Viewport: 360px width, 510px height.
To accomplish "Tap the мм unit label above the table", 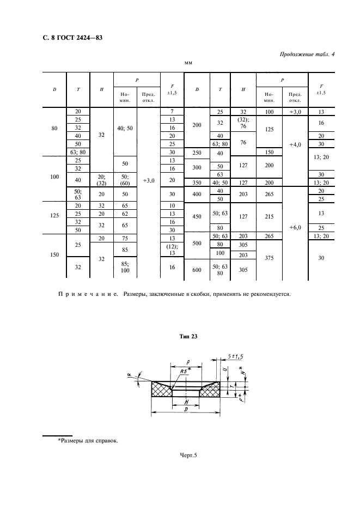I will pyautogui.click(x=189, y=63).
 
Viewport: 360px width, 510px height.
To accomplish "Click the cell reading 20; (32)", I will pyautogui.click(x=101, y=180).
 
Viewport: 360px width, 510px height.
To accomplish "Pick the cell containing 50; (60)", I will pyautogui.click(x=125, y=180).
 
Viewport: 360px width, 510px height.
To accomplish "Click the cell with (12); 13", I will pyautogui.click(x=172, y=249).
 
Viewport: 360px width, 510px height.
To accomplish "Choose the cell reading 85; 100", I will pyautogui.click(x=125, y=268).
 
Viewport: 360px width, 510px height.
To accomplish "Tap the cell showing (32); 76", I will pyautogui.click(x=243, y=123).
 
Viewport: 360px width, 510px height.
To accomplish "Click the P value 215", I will pyautogui.click(x=269, y=216).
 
